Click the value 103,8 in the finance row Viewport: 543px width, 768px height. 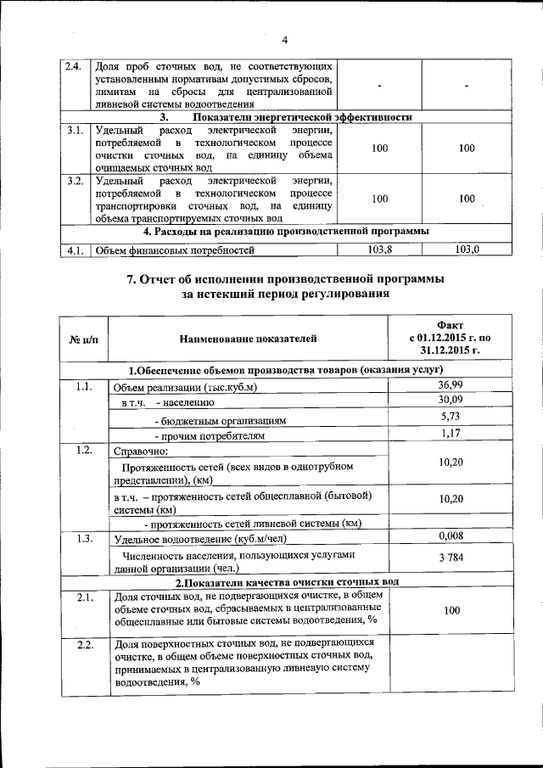379,249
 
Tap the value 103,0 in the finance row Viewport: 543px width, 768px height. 467,249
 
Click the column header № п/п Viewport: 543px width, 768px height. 82,339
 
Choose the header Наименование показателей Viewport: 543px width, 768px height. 248,339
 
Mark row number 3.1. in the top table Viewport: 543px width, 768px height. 75,132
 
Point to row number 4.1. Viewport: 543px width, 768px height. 75,250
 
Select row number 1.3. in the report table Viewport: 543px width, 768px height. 83,538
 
